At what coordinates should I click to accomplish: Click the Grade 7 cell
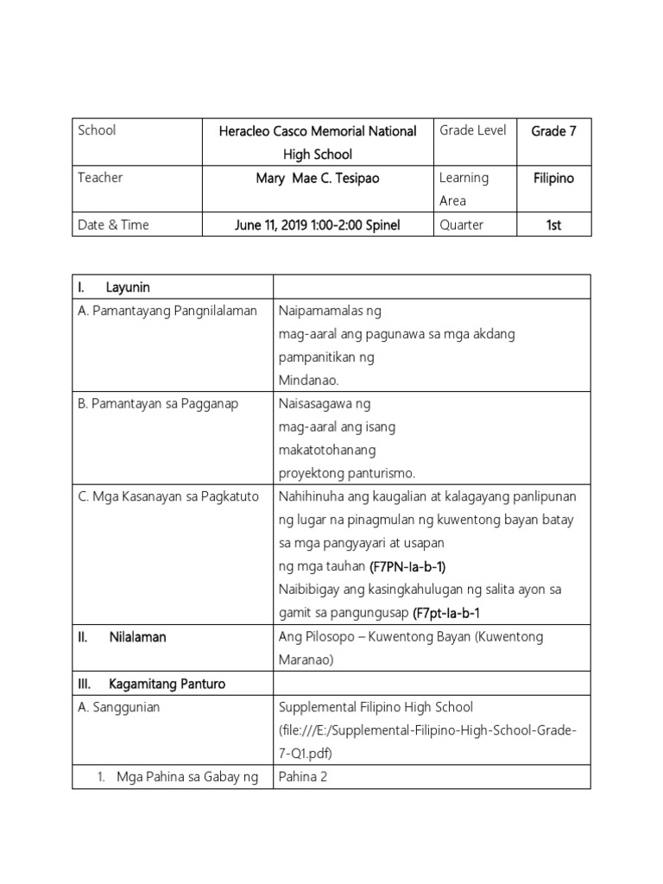553,131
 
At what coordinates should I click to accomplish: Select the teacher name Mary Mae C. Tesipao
317,178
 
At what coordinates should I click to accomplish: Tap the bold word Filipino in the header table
553,178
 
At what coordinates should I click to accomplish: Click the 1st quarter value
553,224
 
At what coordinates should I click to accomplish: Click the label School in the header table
97,130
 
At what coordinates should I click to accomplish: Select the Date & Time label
113,224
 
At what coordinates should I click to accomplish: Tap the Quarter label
462,224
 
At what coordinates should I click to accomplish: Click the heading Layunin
128,287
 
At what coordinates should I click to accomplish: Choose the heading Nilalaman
137,637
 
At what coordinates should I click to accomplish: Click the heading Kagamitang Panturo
167,684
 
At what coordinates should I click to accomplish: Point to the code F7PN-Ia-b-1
407,567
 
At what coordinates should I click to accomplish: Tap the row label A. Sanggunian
118,707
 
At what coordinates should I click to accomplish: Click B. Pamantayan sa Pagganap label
158,403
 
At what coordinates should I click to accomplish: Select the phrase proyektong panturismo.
347,473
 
